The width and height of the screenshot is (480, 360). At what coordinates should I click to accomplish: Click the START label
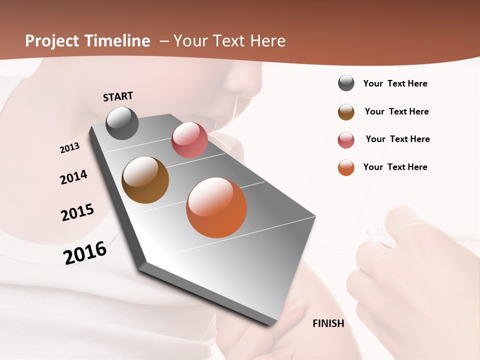click(x=118, y=96)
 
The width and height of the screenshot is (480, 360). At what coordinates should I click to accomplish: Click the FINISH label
click(x=328, y=323)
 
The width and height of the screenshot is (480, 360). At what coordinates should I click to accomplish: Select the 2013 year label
click(x=70, y=148)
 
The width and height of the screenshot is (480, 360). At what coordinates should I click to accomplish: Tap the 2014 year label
click(x=74, y=177)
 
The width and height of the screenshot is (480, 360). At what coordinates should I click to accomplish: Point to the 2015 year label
click(x=77, y=212)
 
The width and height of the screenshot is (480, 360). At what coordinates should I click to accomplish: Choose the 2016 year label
click(x=85, y=252)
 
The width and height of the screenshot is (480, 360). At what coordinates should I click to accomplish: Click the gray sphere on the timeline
click(x=122, y=123)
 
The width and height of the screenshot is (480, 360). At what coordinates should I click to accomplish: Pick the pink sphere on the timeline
click(x=189, y=140)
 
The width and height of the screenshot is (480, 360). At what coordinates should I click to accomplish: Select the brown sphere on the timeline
click(x=145, y=180)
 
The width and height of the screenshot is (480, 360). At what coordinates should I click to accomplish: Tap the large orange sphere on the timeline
click(x=216, y=207)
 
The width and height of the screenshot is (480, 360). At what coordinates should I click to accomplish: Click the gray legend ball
click(x=346, y=83)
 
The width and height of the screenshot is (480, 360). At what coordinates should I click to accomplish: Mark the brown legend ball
click(x=346, y=112)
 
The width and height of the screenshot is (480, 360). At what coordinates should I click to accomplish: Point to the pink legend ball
click(x=346, y=140)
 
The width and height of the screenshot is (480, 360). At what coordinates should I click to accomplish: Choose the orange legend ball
click(x=346, y=167)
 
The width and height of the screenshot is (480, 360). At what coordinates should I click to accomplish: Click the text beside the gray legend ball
click(x=395, y=83)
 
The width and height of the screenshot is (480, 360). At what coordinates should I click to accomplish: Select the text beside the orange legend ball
click(x=395, y=167)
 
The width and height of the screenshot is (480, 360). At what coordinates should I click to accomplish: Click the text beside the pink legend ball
click(x=397, y=139)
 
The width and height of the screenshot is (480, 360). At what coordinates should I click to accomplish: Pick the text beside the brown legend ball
click(x=396, y=111)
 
